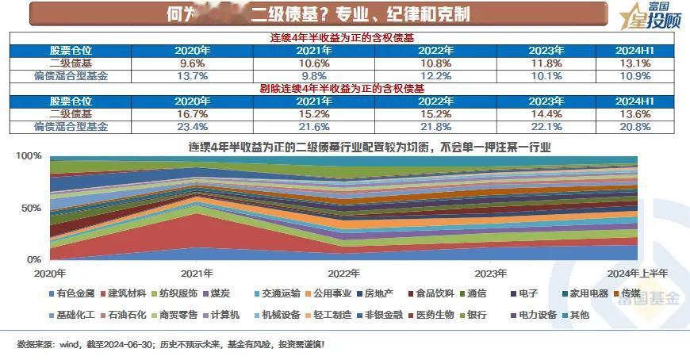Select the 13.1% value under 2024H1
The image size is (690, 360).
coord(634,63)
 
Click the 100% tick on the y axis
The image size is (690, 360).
coord(29,156)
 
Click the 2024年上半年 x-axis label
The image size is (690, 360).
coord(636,274)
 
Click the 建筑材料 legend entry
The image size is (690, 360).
coord(128,293)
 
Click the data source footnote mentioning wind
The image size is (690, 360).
coord(171,345)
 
